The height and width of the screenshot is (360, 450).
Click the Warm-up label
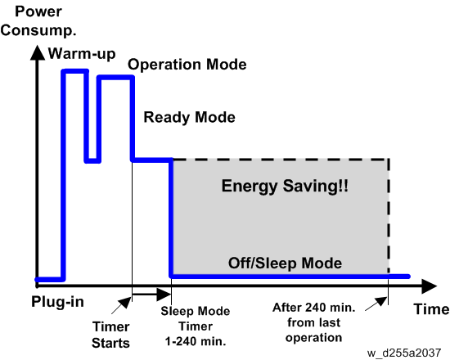click(82, 54)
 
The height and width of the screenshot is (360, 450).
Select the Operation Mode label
click(187, 65)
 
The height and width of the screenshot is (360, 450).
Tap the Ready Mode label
click(190, 117)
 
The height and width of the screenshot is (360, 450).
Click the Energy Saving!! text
click(285, 186)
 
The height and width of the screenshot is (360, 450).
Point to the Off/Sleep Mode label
click(285, 263)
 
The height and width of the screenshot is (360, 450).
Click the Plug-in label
click(58, 302)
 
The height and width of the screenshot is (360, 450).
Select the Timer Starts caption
click(110, 335)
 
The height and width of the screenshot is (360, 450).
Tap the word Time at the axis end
click(431, 309)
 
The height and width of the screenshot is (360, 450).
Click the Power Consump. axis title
click(38, 21)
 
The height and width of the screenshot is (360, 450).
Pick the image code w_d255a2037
click(404, 353)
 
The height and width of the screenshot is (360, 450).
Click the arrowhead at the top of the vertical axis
click(38, 53)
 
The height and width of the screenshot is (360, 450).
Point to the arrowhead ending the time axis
click(430, 286)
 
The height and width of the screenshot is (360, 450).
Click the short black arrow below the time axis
click(151, 294)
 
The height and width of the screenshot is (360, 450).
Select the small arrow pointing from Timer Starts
click(121, 305)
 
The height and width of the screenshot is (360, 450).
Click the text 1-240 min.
click(196, 341)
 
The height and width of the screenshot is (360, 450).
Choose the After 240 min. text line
click(314, 308)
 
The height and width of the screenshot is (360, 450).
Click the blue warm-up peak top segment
click(75, 71)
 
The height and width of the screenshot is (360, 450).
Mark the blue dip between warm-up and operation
click(92, 160)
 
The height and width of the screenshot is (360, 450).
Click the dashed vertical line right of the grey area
click(389, 215)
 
